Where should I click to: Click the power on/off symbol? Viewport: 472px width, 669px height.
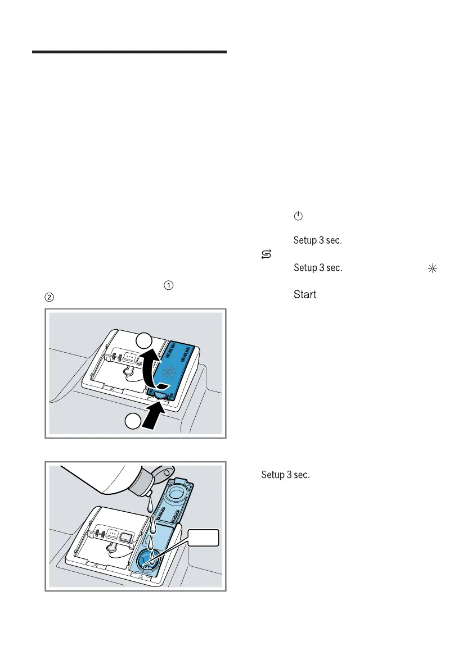[298, 216]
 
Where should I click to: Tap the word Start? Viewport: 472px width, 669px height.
[305, 294]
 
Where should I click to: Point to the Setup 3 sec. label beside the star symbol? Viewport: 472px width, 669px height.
[318, 268]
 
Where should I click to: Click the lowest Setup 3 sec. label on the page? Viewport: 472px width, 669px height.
[285, 475]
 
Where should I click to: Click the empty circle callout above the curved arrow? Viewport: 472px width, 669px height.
[145, 341]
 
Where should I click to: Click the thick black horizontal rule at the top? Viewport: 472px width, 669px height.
[129, 52]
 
